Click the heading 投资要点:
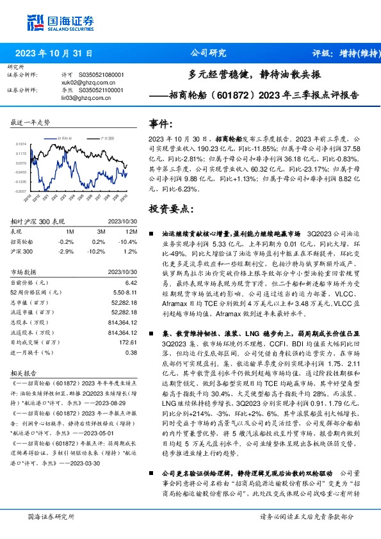click(170, 209)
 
